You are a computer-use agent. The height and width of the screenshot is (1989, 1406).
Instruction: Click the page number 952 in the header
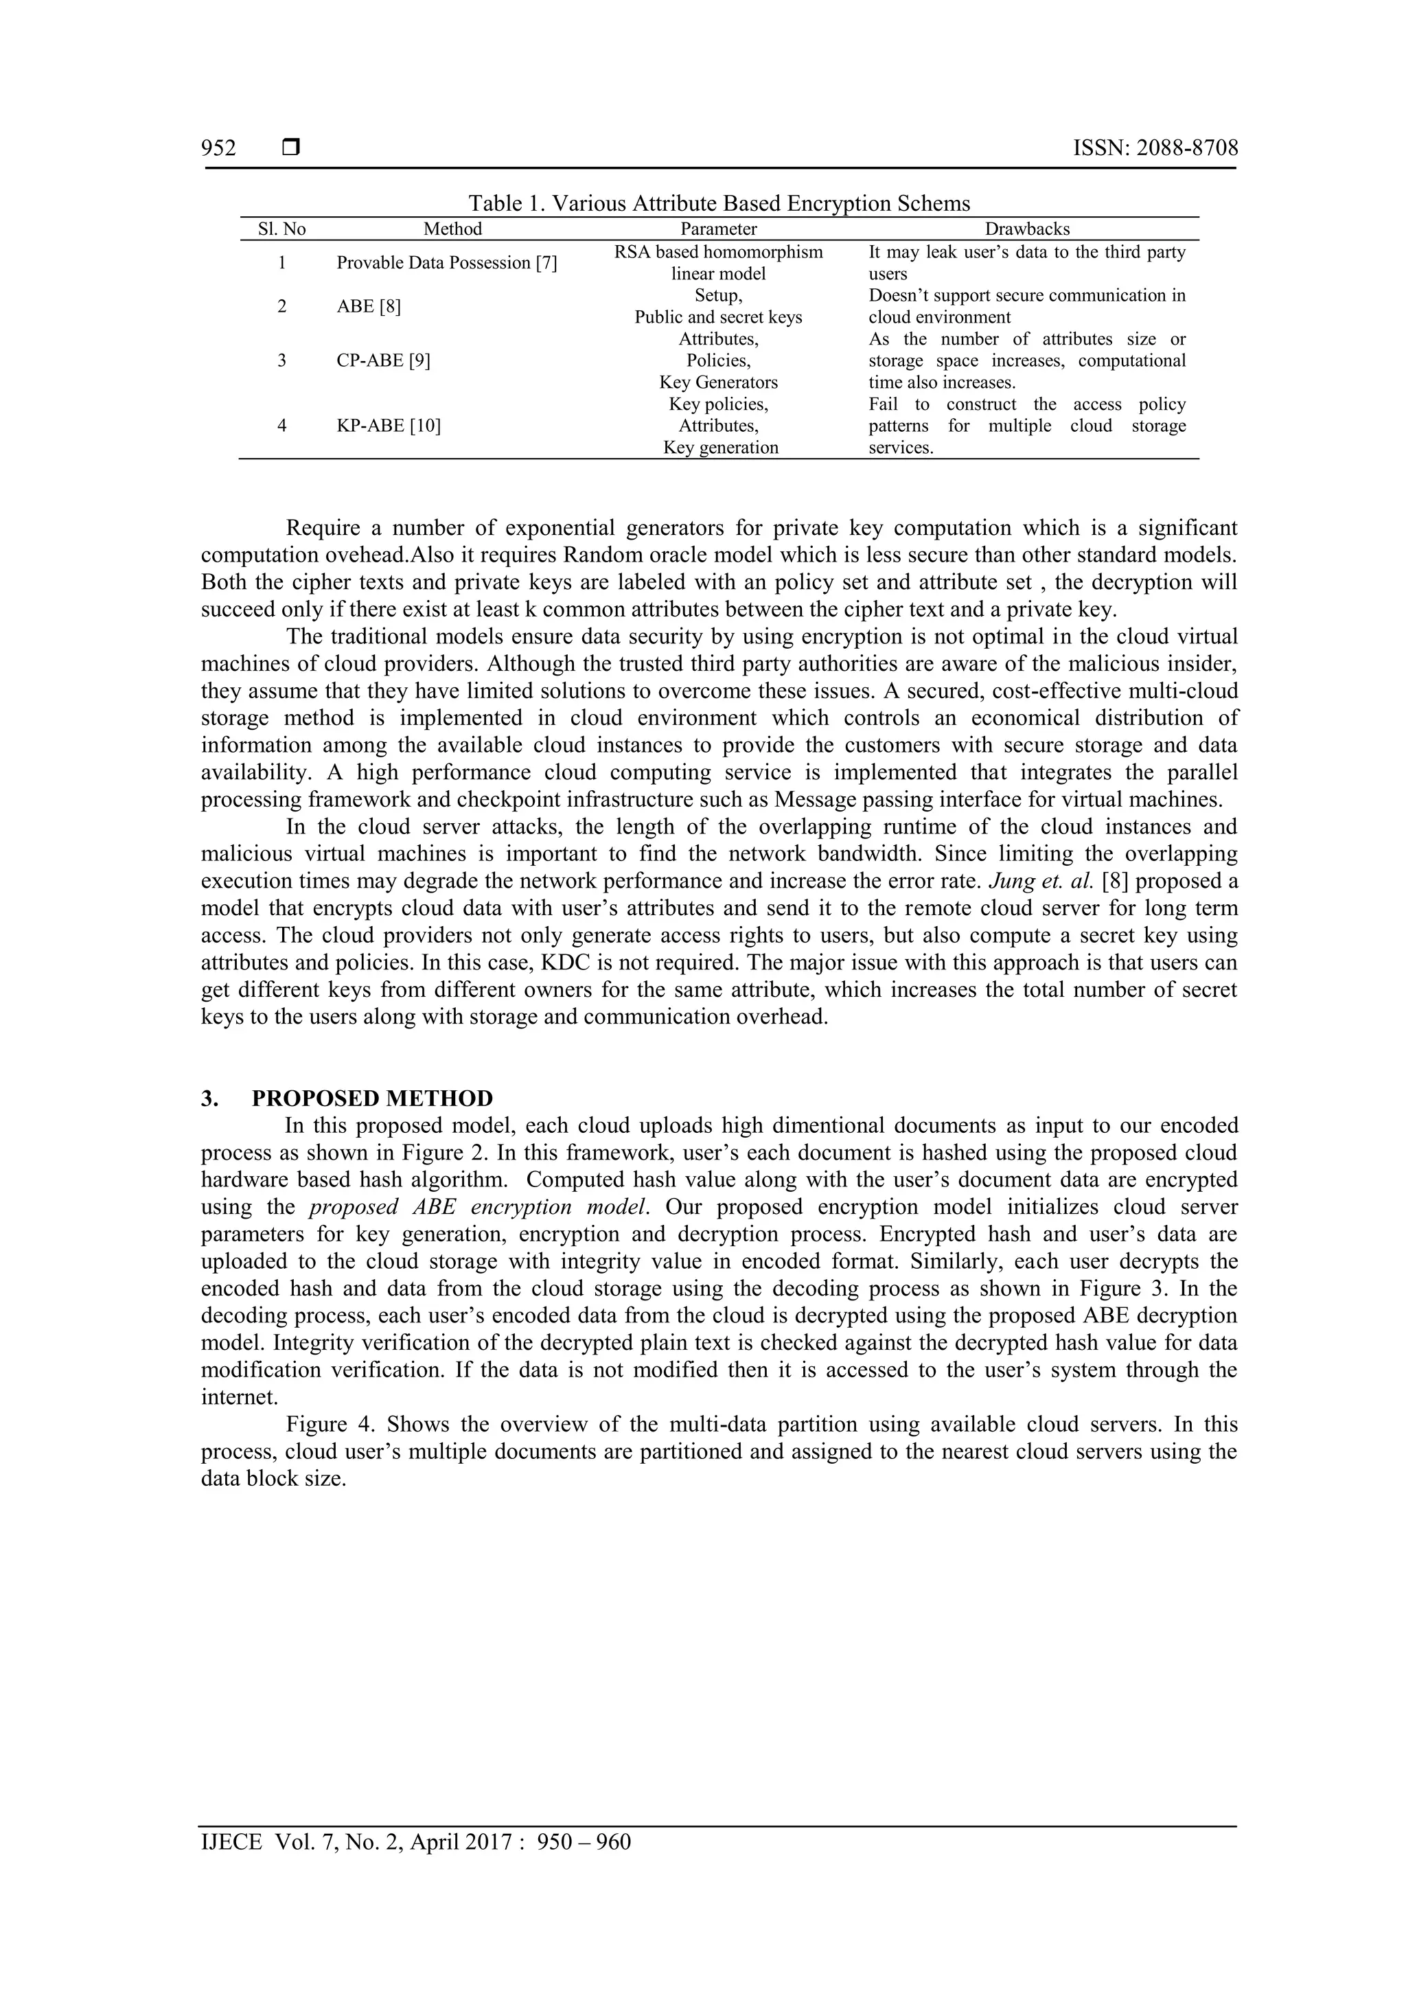click(x=218, y=148)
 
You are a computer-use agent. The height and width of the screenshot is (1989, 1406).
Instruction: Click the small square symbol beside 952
click(x=291, y=148)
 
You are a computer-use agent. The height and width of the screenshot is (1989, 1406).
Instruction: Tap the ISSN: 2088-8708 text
click(x=1155, y=148)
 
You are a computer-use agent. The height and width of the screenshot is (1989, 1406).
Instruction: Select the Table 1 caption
click(x=719, y=204)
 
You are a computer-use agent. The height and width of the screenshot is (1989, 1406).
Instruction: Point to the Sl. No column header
click(x=282, y=229)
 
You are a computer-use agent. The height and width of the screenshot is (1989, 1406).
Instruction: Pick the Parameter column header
click(x=718, y=229)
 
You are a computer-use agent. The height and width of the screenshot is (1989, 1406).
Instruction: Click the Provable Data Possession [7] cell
click(x=446, y=262)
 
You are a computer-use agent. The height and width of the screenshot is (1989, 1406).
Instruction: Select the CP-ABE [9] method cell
click(x=383, y=360)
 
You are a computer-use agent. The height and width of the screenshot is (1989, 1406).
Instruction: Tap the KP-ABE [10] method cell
click(x=388, y=426)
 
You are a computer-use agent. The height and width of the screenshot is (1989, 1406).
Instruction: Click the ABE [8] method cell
click(x=368, y=306)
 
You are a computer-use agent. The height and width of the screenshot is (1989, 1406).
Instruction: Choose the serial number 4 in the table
click(x=281, y=426)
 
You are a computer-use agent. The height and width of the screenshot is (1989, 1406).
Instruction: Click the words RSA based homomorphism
click(x=718, y=252)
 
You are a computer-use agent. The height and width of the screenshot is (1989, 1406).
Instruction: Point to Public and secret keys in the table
click(x=718, y=317)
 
